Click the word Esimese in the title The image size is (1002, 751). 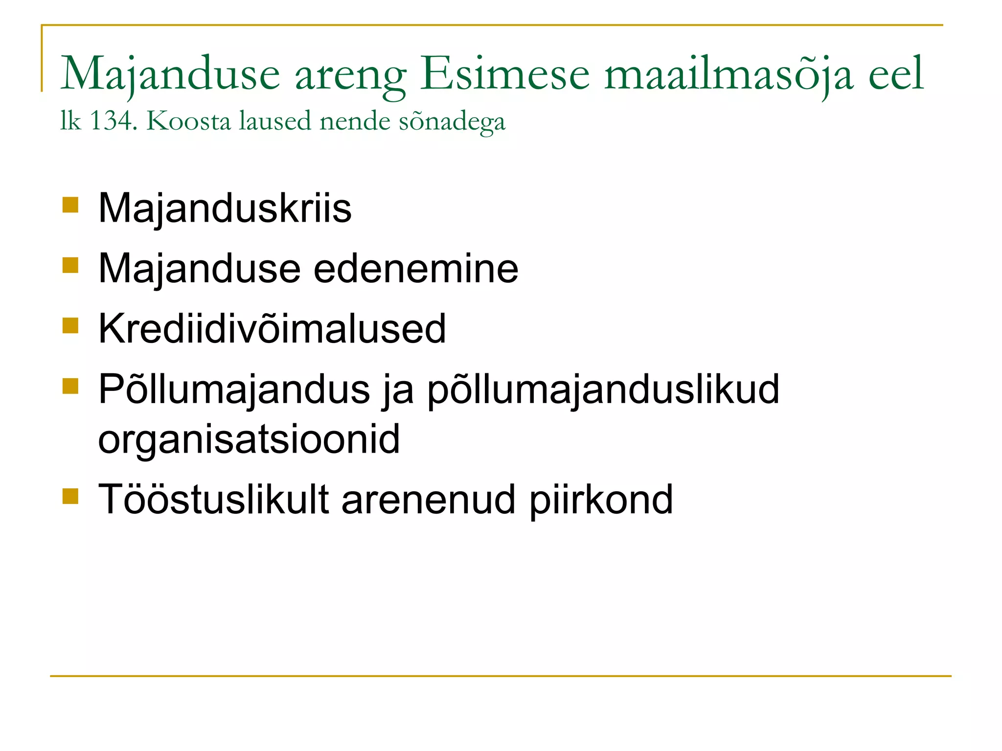[x=504, y=74]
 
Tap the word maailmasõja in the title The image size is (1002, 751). [x=729, y=74]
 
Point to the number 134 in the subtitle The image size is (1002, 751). [x=111, y=120]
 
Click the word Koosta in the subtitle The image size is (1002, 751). [x=188, y=120]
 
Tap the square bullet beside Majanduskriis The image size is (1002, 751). [x=70, y=205]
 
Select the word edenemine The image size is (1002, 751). [x=415, y=269]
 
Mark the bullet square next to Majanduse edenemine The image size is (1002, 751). [x=70, y=265]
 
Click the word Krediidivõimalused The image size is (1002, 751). [x=272, y=329]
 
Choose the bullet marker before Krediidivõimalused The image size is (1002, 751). [x=70, y=325]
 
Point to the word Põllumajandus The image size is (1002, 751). [x=234, y=389]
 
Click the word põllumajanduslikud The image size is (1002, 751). [x=603, y=389]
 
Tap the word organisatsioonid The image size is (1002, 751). [x=249, y=439]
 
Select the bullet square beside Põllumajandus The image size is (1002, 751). [x=70, y=386]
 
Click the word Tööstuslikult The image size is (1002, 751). [x=214, y=500]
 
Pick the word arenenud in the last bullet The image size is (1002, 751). [x=429, y=500]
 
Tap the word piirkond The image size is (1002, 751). [x=601, y=500]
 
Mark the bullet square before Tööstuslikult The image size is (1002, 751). [x=70, y=496]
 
